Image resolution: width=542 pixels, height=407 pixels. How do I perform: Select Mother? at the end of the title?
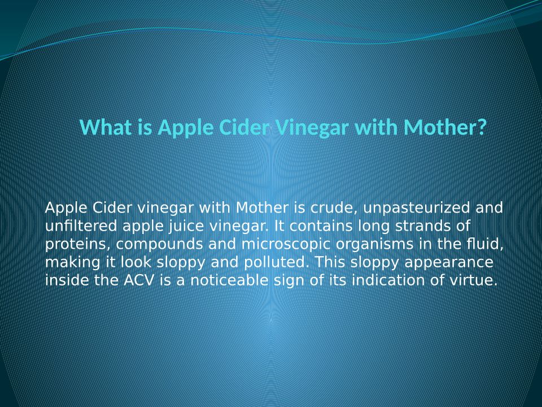pyautogui.click(x=445, y=127)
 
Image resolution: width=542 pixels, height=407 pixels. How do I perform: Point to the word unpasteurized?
pyautogui.click(x=417, y=209)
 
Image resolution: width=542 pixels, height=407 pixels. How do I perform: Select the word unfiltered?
pyautogui.click(x=81, y=226)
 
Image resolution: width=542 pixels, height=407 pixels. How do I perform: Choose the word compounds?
pyautogui.click(x=159, y=245)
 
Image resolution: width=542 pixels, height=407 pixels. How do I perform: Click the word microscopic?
pyautogui.click(x=286, y=245)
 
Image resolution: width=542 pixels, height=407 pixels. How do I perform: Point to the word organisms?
pyautogui.click(x=374, y=245)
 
